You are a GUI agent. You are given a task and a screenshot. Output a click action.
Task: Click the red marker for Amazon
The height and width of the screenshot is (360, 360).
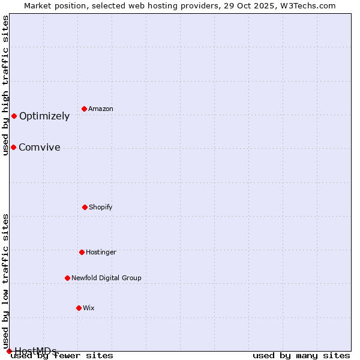click(84, 109)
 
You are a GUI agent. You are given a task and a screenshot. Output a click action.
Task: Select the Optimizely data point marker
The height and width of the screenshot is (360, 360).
click(14, 116)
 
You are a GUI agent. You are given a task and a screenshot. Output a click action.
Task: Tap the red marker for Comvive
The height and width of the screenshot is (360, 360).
click(13, 147)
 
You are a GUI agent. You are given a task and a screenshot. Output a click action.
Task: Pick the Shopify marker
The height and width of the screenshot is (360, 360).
click(85, 207)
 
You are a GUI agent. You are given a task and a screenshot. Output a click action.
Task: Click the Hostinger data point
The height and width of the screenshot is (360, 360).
click(82, 252)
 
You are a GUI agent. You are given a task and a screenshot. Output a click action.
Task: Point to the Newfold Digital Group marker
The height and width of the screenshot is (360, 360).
click(67, 278)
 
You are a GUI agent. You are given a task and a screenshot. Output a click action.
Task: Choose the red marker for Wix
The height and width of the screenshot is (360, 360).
click(79, 308)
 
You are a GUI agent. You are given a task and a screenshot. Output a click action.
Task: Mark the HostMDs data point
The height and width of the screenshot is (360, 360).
click(9, 351)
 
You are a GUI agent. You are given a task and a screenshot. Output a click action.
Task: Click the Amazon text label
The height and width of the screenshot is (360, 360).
click(101, 109)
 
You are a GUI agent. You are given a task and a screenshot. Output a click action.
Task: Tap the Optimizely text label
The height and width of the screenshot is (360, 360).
click(44, 116)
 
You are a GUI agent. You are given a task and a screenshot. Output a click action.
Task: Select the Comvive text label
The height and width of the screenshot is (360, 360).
click(40, 148)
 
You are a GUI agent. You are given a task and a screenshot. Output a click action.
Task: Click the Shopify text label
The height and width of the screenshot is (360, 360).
click(101, 208)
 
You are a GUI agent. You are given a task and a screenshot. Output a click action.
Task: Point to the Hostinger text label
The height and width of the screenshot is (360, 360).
click(101, 253)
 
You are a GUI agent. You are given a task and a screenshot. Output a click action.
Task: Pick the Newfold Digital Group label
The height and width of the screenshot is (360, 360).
click(106, 278)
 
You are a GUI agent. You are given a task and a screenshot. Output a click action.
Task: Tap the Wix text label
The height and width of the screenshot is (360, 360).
click(89, 308)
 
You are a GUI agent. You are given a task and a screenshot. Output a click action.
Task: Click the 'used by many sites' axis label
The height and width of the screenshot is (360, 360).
click(301, 356)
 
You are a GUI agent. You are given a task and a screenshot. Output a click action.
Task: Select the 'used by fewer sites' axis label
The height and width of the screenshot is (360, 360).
click(62, 356)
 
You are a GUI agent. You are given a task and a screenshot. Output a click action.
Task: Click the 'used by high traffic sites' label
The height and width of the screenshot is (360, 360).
click(6, 85)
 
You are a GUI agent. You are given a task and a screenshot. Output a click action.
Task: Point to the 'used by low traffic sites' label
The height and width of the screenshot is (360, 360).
click(6, 281)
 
